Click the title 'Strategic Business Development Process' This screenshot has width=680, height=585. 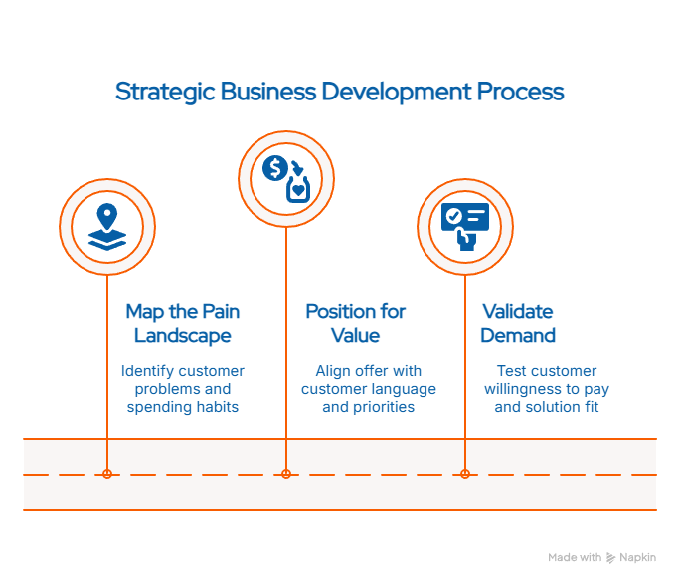[339, 93]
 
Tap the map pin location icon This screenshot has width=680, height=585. [107, 226]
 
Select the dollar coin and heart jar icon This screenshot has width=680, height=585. [286, 178]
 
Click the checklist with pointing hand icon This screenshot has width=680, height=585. [465, 226]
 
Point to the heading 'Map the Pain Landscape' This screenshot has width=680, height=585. [182, 324]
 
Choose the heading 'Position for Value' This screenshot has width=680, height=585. [355, 324]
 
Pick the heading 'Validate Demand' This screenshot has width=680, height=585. [518, 324]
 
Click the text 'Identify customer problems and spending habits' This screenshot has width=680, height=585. [183, 389]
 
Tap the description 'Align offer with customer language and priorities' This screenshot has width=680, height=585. [368, 389]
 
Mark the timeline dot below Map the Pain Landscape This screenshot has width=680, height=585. [107, 474]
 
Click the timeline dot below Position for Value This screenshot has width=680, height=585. [286, 474]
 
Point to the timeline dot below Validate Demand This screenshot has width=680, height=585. [465, 474]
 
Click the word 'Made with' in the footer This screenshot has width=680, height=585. [575, 558]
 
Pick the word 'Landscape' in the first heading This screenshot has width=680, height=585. [182, 336]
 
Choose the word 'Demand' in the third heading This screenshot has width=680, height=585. [518, 336]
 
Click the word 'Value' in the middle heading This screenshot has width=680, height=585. [355, 336]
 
